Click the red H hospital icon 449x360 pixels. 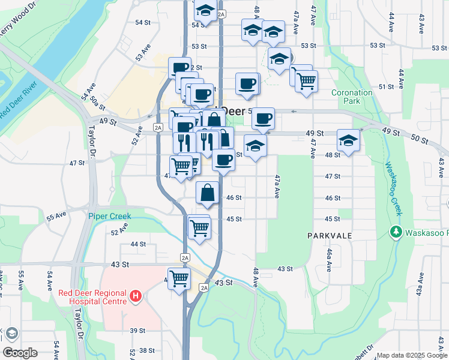click(x=136, y=296)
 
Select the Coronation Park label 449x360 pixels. click(x=352, y=97)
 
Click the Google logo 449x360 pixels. click(x=20, y=352)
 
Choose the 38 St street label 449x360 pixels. click(x=146, y=350)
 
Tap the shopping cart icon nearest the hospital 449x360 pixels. click(x=179, y=278)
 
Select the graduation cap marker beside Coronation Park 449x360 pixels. click(x=348, y=140)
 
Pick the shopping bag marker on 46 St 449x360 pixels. click(x=207, y=193)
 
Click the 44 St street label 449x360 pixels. click(x=138, y=244)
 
